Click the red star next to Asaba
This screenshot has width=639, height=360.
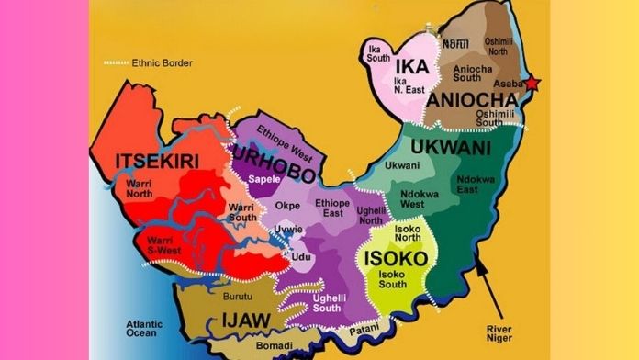click(532, 84)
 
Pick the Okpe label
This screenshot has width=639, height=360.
click(288, 206)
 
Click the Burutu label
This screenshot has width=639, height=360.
click(237, 297)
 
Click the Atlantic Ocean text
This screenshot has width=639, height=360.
click(148, 329)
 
